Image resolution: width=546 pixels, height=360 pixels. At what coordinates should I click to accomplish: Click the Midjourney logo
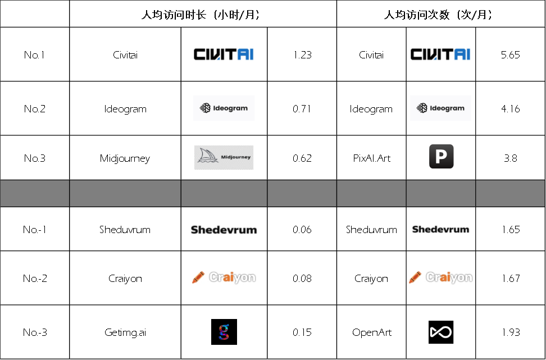pyautogui.click(x=224, y=158)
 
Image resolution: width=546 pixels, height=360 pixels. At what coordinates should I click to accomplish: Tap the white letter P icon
pyautogui.click(x=441, y=157)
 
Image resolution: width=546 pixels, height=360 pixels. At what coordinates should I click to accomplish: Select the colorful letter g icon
pyautogui.click(x=224, y=332)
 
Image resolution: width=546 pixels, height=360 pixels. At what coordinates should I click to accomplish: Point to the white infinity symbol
pyautogui.click(x=441, y=332)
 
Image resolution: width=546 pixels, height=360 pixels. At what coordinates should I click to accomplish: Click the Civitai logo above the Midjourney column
pyautogui.click(x=224, y=54)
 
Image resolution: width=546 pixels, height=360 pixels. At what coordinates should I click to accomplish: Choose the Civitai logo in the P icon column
pyautogui.click(x=440, y=54)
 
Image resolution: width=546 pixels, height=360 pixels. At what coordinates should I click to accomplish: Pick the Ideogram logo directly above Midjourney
pyautogui.click(x=224, y=108)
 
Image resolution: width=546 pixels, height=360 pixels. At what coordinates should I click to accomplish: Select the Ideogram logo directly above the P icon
pyautogui.click(x=441, y=108)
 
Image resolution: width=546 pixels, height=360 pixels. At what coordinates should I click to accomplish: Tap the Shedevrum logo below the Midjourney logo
pyautogui.click(x=224, y=229)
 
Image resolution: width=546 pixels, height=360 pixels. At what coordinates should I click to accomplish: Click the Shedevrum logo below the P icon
pyautogui.click(x=440, y=229)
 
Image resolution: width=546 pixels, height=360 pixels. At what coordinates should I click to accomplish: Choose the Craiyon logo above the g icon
pyautogui.click(x=224, y=278)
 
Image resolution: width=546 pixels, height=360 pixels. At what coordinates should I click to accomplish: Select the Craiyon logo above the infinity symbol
pyautogui.click(x=441, y=278)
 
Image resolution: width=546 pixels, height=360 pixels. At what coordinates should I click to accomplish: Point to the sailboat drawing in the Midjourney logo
pyautogui.click(x=207, y=157)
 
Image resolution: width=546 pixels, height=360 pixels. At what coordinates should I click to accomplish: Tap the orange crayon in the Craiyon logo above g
pyautogui.click(x=198, y=277)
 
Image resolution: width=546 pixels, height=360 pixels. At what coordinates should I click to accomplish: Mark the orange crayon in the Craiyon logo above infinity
pyautogui.click(x=415, y=277)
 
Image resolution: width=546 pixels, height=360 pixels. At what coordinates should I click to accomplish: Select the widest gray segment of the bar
pyautogui.click(x=125, y=193)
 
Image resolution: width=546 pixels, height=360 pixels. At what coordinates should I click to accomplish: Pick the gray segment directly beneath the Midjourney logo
pyautogui.click(x=224, y=193)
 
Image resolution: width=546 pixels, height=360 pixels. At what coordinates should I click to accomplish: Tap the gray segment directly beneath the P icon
pyautogui.click(x=441, y=193)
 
